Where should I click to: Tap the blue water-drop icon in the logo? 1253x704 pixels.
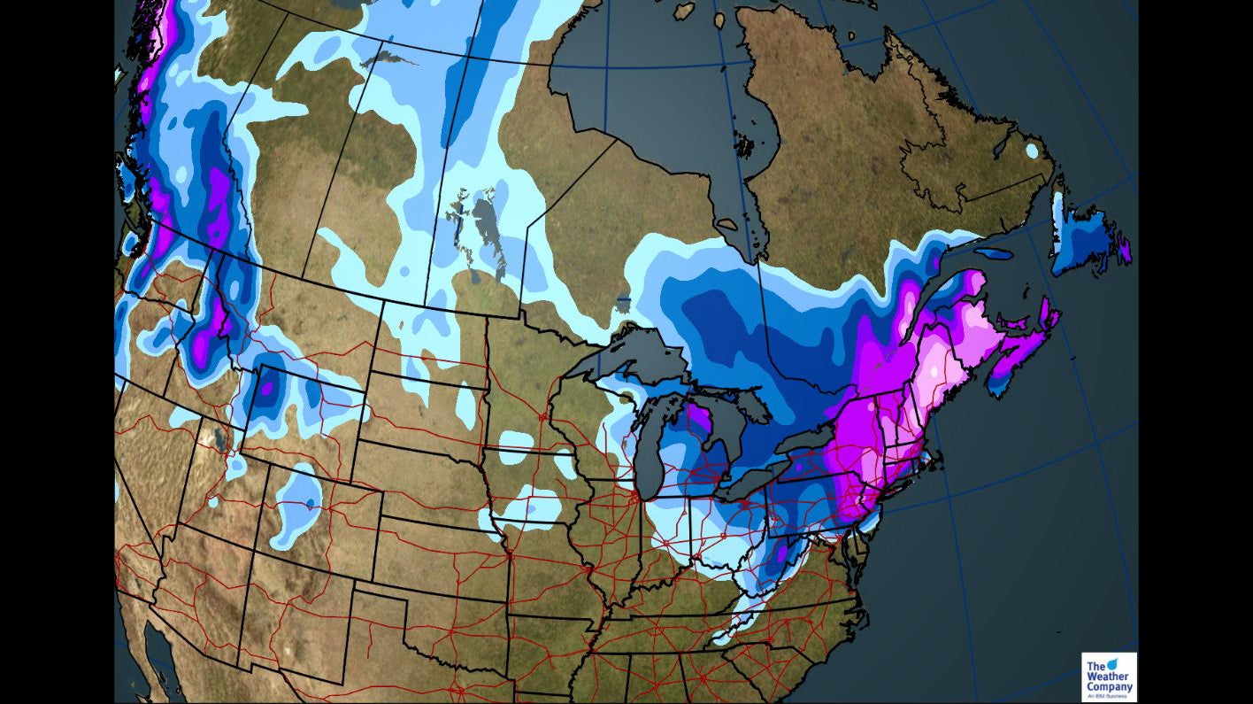coord(1112,663)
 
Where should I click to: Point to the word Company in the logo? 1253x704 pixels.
coord(1109,687)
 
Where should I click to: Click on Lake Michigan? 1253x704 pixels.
coord(649,452)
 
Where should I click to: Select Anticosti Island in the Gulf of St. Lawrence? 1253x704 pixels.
coord(995,253)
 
